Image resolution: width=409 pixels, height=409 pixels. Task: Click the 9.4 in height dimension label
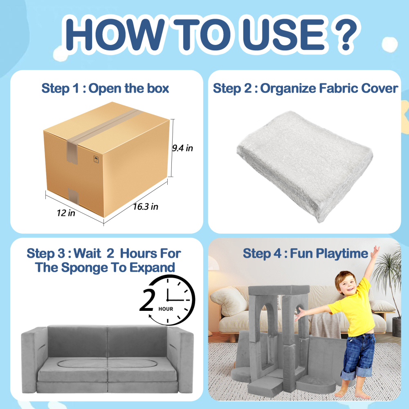182,148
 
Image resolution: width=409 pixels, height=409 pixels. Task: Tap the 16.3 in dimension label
146,207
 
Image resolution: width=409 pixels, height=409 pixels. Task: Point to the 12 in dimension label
66,213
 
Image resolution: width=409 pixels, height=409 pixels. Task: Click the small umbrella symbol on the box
96,159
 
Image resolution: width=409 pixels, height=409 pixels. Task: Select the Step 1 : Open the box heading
105,88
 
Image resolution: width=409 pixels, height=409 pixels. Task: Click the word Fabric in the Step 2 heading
335,88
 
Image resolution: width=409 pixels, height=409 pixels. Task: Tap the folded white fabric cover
305,165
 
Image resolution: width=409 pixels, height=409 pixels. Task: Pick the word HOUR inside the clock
166,309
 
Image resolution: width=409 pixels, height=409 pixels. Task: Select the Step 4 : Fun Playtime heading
305,253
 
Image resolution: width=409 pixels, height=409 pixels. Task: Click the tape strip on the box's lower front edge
73,196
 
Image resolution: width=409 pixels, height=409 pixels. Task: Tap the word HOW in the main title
115,34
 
